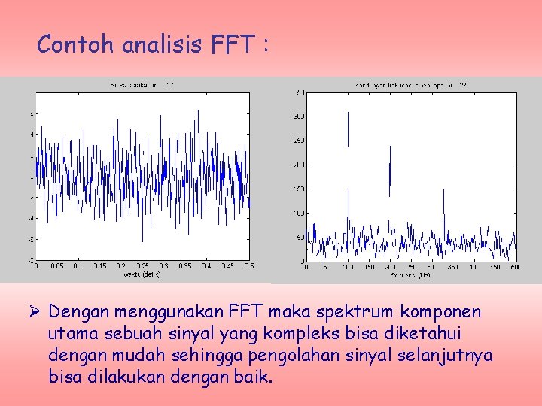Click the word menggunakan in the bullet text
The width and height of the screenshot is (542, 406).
coord(169,311)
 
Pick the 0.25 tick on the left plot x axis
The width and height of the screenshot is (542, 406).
coord(142,266)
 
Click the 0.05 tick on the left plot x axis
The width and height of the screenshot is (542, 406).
coord(56,266)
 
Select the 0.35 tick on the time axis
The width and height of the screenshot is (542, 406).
coord(185,266)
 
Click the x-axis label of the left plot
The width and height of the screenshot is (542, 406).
coord(142,274)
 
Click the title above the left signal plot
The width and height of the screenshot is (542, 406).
coord(142,86)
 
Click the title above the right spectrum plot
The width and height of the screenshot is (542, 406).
coord(410,86)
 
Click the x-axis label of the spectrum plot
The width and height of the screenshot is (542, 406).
coord(410,274)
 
